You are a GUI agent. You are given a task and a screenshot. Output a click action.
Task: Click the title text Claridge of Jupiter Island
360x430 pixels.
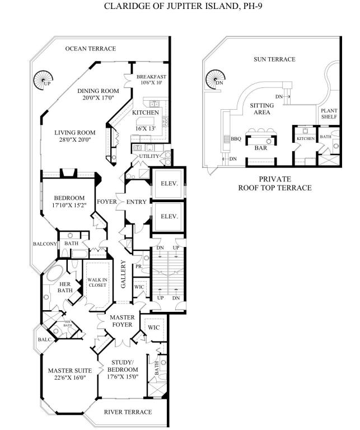click(x=180, y=7)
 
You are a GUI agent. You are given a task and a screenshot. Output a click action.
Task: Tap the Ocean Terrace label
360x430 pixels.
click(x=90, y=49)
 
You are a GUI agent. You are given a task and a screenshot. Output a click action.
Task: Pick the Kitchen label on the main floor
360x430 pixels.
click(x=146, y=113)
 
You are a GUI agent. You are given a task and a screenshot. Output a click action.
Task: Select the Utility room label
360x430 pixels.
click(x=151, y=156)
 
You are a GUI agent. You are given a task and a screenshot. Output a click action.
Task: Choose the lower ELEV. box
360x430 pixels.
click(x=169, y=216)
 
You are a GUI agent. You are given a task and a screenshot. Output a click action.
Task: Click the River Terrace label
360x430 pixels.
click(x=128, y=412)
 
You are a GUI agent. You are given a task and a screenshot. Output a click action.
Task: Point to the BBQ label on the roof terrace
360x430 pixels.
click(x=236, y=139)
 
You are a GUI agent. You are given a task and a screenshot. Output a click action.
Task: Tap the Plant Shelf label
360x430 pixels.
click(x=329, y=114)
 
